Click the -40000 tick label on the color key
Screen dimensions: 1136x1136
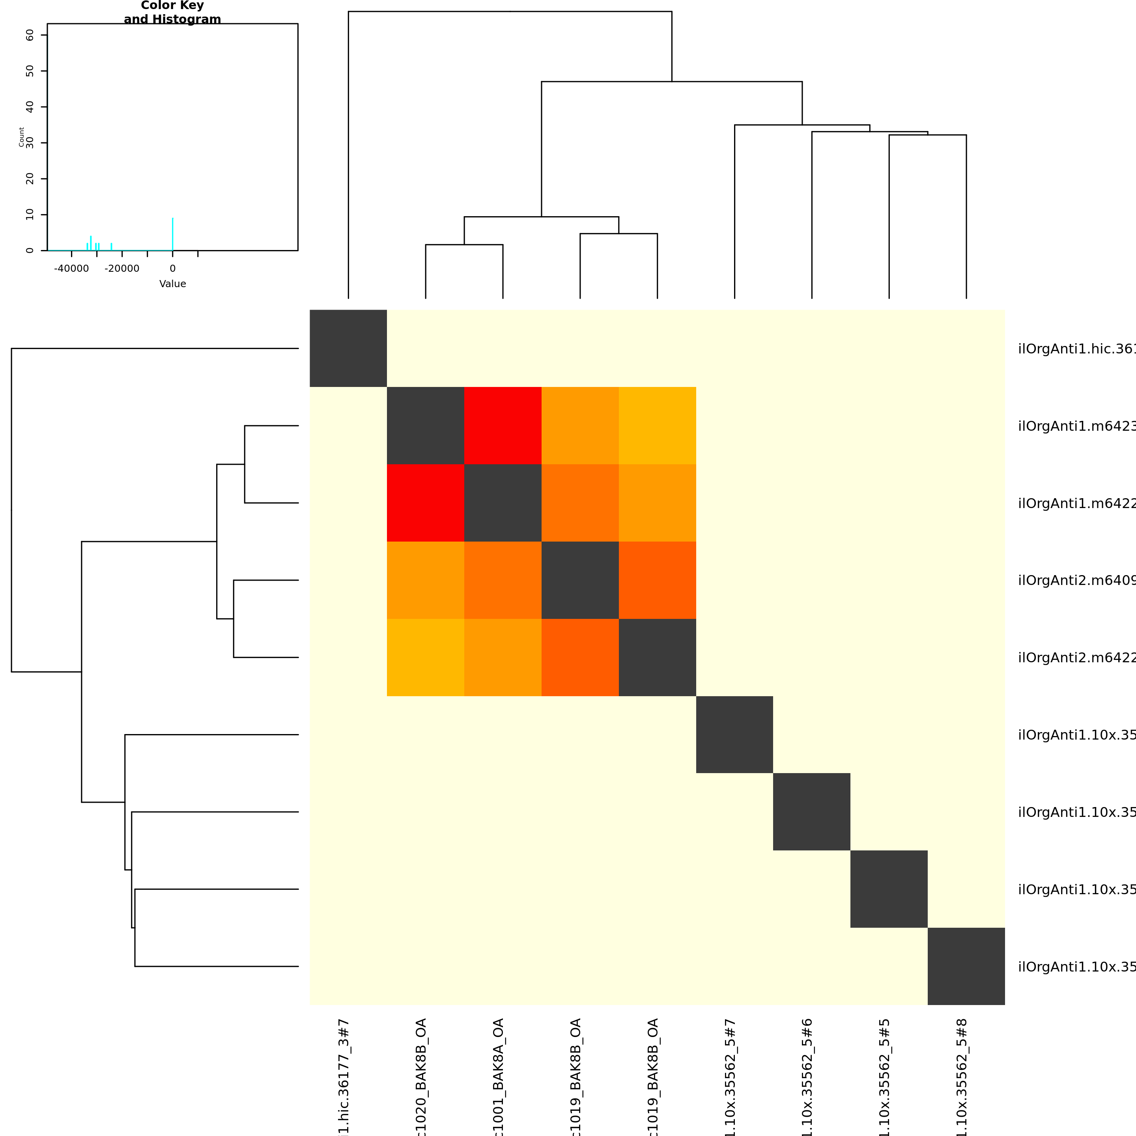pyautogui.click(x=71, y=269)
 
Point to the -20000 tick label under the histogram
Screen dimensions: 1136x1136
pyautogui.click(x=122, y=269)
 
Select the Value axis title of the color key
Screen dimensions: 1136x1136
pyautogui.click(x=172, y=284)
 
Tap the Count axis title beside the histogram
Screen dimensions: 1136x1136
pyautogui.click(x=22, y=137)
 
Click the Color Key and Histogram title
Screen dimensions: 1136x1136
pyautogui.click(x=172, y=12)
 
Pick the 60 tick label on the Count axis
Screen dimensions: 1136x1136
pyautogui.click(x=30, y=35)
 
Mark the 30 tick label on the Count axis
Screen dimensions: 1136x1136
pyautogui.click(x=30, y=143)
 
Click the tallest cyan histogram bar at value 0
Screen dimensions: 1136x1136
pyautogui.click(x=172, y=234)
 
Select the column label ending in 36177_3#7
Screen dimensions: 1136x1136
pyautogui.click(x=344, y=1076)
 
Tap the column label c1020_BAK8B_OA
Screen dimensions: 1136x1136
pyautogui.click(x=421, y=1076)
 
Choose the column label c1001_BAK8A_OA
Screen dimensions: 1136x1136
pyautogui.click(x=498, y=1076)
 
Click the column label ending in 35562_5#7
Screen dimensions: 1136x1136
pyautogui.click(x=730, y=1076)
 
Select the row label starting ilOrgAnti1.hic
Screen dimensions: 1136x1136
pyautogui.click(x=1076, y=349)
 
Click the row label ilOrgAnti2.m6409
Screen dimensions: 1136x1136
pyautogui.click(x=1076, y=580)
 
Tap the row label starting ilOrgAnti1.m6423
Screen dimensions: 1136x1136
pyautogui.click(x=1076, y=426)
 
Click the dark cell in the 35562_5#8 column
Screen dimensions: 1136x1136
pyautogui.click(x=966, y=966)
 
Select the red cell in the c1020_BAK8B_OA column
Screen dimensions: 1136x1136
pyautogui.click(x=426, y=503)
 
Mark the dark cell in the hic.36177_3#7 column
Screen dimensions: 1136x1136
pyautogui.click(x=348, y=348)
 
